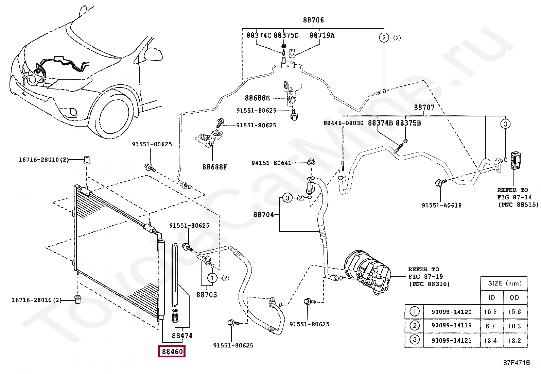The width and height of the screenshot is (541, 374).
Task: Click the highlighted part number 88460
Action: point(172,352)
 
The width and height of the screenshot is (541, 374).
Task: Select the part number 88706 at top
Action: point(313,20)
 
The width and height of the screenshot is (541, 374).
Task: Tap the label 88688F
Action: point(215,167)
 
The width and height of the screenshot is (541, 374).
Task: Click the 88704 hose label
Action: point(263,215)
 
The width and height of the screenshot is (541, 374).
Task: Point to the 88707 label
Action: point(424,108)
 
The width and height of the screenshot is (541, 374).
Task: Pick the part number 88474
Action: point(182,336)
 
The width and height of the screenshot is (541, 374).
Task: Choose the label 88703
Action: point(207,295)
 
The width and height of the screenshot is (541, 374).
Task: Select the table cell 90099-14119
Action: point(451,325)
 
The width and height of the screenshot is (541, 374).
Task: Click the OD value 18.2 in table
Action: point(514,340)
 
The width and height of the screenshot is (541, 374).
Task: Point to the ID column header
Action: point(491,297)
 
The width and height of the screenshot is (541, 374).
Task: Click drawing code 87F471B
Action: point(517,362)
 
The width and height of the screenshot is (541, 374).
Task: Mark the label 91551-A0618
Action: point(441,205)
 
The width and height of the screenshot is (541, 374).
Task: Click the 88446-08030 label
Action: point(343,123)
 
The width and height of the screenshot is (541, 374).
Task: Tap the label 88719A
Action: point(322,35)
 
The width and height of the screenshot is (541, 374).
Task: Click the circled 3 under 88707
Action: point(505,124)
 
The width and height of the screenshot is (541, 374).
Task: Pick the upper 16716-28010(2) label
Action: point(43,159)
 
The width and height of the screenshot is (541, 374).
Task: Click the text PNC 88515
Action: point(518,205)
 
